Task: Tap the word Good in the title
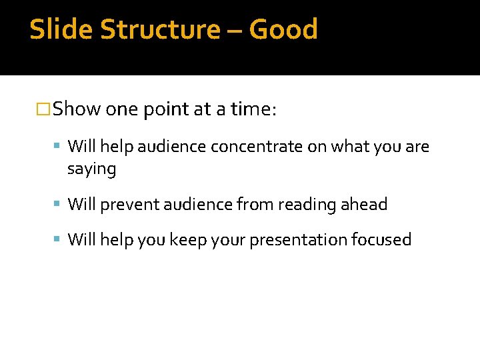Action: coord(283,29)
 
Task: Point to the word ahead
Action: coord(364,205)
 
